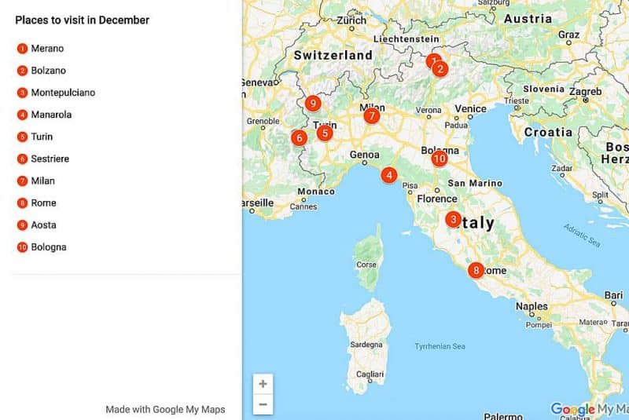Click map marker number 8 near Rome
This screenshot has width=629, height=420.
pyautogui.click(x=476, y=271)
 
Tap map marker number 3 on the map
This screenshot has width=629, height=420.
pyautogui.click(x=453, y=220)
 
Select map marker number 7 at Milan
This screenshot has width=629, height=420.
pyautogui.click(x=371, y=116)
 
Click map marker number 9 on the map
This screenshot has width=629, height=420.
pyautogui.click(x=313, y=103)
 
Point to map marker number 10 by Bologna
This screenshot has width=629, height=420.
pyautogui.click(x=439, y=159)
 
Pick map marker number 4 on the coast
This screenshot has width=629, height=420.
pyautogui.click(x=388, y=175)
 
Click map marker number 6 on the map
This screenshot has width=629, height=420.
pyautogui.click(x=299, y=138)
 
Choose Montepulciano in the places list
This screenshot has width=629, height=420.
pyautogui.click(x=63, y=93)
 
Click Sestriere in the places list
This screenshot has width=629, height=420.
pyautogui.click(x=50, y=159)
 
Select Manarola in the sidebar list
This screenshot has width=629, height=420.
pyautogui.click(x=51, y=115)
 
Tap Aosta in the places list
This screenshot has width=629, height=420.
pyautogui.click(x=43, y=225)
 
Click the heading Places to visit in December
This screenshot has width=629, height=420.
pyautogui.click(x=82, y=20)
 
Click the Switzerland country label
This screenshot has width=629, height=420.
pyautogui.click(x=333, y=56)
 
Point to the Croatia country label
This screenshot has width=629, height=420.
pyautogui.click(x=548, y=132)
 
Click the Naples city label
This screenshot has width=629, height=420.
pyautogui.click(x=532, y=306)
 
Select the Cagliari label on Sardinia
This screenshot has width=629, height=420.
pyautogui.click(x=369, y=375)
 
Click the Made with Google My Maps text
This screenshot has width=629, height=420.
pyautogui.click(x=165, y=409)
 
